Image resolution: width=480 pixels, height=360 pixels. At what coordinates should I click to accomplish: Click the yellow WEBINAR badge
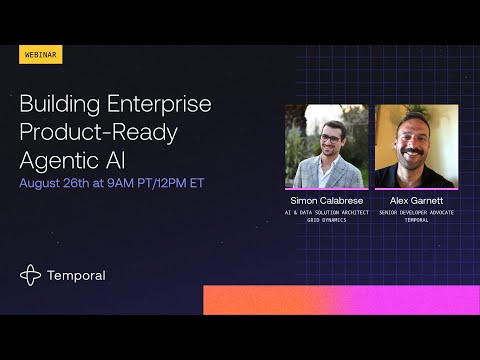(x=41, y=54)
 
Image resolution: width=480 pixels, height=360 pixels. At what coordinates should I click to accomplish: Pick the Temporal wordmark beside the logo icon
(x=77, y=275)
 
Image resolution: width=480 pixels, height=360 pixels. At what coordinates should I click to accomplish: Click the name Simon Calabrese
(x=326, y=201)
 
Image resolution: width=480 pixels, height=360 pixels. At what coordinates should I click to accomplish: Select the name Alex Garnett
(x=417, y=201)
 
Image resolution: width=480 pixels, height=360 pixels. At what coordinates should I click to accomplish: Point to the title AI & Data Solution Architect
(x=326, y=212)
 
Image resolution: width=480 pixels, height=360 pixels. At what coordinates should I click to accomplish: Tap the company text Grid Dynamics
(x=326, y=220)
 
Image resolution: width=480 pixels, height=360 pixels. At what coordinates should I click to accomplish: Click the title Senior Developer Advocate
(x=417, y=212)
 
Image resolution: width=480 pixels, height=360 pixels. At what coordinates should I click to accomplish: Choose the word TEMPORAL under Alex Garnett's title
(x=417, y=220)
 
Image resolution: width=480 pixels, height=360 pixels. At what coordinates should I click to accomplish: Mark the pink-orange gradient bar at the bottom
(x=340, y=299)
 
